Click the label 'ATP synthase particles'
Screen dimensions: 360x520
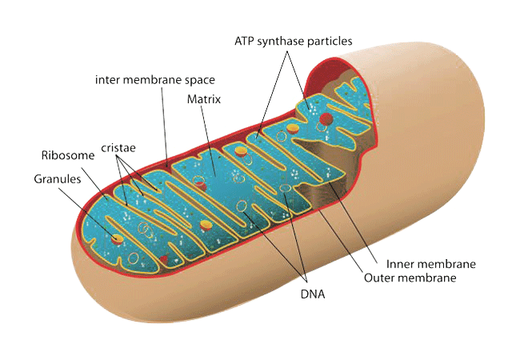[293, 40]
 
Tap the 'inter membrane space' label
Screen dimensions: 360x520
[154, 80]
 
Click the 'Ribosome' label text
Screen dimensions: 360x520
[62, 154]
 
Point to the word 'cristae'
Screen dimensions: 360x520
[118, 148]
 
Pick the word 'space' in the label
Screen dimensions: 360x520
[199, 80]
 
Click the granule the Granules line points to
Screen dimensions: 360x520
[118, 238]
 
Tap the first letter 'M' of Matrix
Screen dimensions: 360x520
[191, 100]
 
